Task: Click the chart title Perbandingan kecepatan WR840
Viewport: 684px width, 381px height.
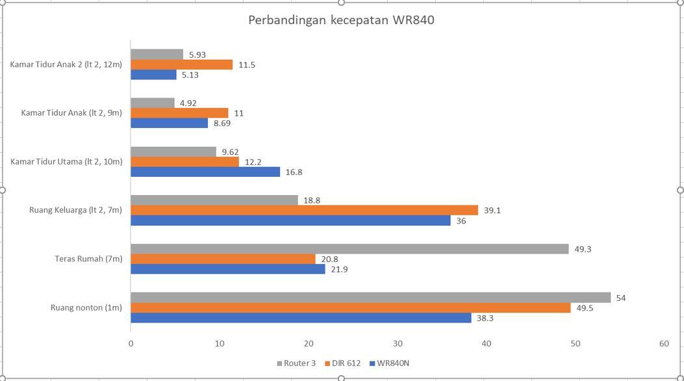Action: (341, 20)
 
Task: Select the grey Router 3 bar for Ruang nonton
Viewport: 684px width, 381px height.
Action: (370, 298)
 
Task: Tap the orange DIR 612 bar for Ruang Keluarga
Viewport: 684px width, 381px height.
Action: (304, 211)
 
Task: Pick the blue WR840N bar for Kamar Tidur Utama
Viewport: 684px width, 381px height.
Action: (205, 172)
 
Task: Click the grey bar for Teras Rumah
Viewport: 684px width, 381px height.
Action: (349, 249)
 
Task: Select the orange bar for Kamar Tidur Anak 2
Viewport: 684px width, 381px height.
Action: (181, 65)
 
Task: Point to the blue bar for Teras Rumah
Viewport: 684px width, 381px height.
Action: (228, 269)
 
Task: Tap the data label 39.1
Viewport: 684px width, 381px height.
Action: (492, 211)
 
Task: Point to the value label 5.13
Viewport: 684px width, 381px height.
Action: (190, 75)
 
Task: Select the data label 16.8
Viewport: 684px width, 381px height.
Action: (294, 172)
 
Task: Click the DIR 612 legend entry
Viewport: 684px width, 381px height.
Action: (344, 363)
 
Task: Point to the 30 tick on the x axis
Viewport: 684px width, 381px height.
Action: (398, 343)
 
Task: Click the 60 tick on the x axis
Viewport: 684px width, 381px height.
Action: (663, 343)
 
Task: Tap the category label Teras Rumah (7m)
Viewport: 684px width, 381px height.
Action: (88, 259)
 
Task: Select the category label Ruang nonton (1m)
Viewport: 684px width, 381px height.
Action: (86, 308)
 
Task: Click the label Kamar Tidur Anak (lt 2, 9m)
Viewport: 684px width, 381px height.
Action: (71, 113)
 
